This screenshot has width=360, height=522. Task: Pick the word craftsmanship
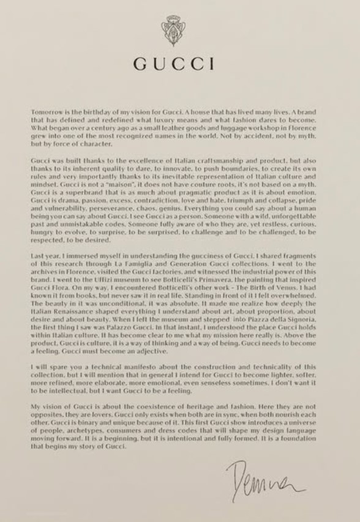pos(204,159)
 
